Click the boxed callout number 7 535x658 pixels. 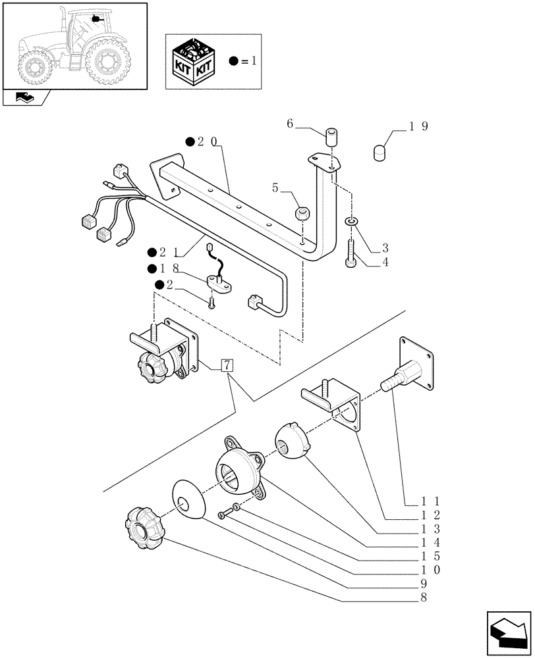[x=226, y=366]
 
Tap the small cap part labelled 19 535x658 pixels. [x=380, y=152]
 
